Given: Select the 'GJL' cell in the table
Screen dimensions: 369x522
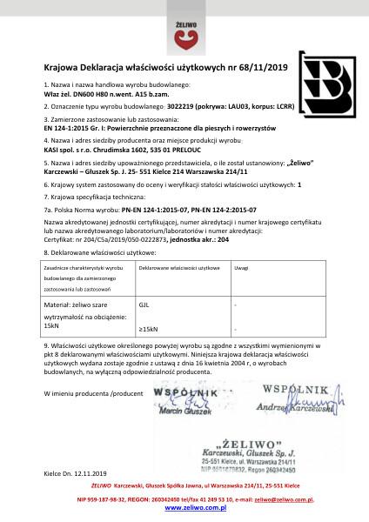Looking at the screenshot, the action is pos(144,305).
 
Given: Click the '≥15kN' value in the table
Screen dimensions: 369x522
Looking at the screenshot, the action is pos(148,329).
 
